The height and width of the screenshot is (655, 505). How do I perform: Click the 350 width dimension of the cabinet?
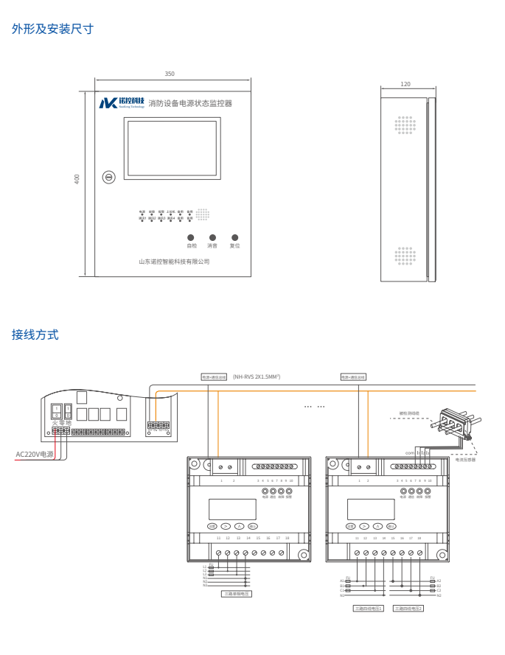[170, 74]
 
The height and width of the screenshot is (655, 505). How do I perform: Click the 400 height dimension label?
[77, 179]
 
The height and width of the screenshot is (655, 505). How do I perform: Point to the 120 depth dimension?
[405, 84]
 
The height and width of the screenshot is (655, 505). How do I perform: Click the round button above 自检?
[192, 237]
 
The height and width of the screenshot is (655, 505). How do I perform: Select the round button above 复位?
[234, 237]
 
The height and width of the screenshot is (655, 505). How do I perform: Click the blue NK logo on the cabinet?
[108, 103]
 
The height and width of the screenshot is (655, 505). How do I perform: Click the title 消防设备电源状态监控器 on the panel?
[190, 104]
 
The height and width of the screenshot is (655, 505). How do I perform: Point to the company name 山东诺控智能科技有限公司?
[174, 262]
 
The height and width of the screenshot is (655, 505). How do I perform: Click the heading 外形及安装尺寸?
[52, 29]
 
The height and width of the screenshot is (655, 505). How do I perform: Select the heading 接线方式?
[35, 334]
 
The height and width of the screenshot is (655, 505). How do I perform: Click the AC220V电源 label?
[35, 455]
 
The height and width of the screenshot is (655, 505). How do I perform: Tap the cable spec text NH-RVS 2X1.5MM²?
[257, 376]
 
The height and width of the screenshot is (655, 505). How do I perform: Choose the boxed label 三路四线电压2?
[408, 608]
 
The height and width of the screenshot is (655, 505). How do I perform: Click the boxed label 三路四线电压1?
[369, 608]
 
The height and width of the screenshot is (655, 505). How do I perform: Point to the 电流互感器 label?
[465, 460]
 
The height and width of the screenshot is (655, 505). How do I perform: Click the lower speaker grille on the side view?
[405, 256]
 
